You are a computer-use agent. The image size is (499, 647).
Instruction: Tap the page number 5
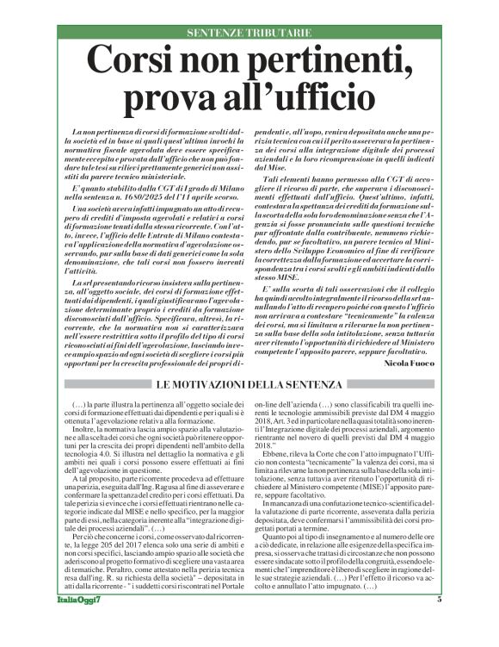click(439, 623)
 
